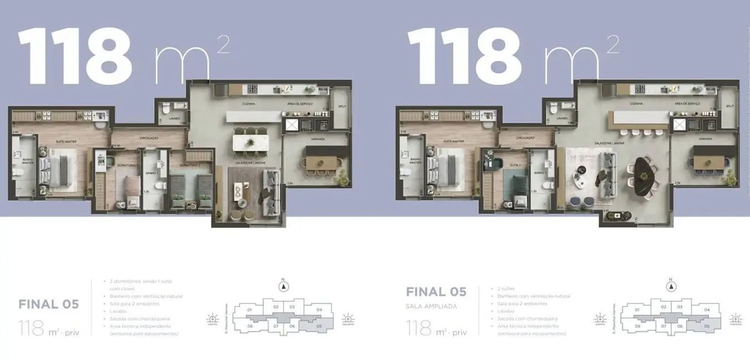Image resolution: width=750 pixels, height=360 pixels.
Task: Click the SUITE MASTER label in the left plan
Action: [x=65, y=142]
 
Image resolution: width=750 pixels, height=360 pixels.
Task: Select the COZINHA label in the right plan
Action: [x=636, y=104]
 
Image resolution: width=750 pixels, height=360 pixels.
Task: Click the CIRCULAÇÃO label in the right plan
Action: [x=525, y=137]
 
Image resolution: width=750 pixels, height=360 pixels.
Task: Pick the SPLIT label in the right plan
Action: [x=730, y=106]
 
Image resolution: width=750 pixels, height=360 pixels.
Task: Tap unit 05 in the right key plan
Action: [x=707, y=326]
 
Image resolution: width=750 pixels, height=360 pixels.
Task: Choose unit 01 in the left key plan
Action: [x=249, y=309]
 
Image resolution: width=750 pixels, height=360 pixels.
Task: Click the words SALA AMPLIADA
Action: [x=431, y=306]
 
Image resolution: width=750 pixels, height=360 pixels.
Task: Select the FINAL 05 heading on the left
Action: [x=49, y=304]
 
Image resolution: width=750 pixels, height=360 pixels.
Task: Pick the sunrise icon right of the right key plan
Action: [x=735, y=318]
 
